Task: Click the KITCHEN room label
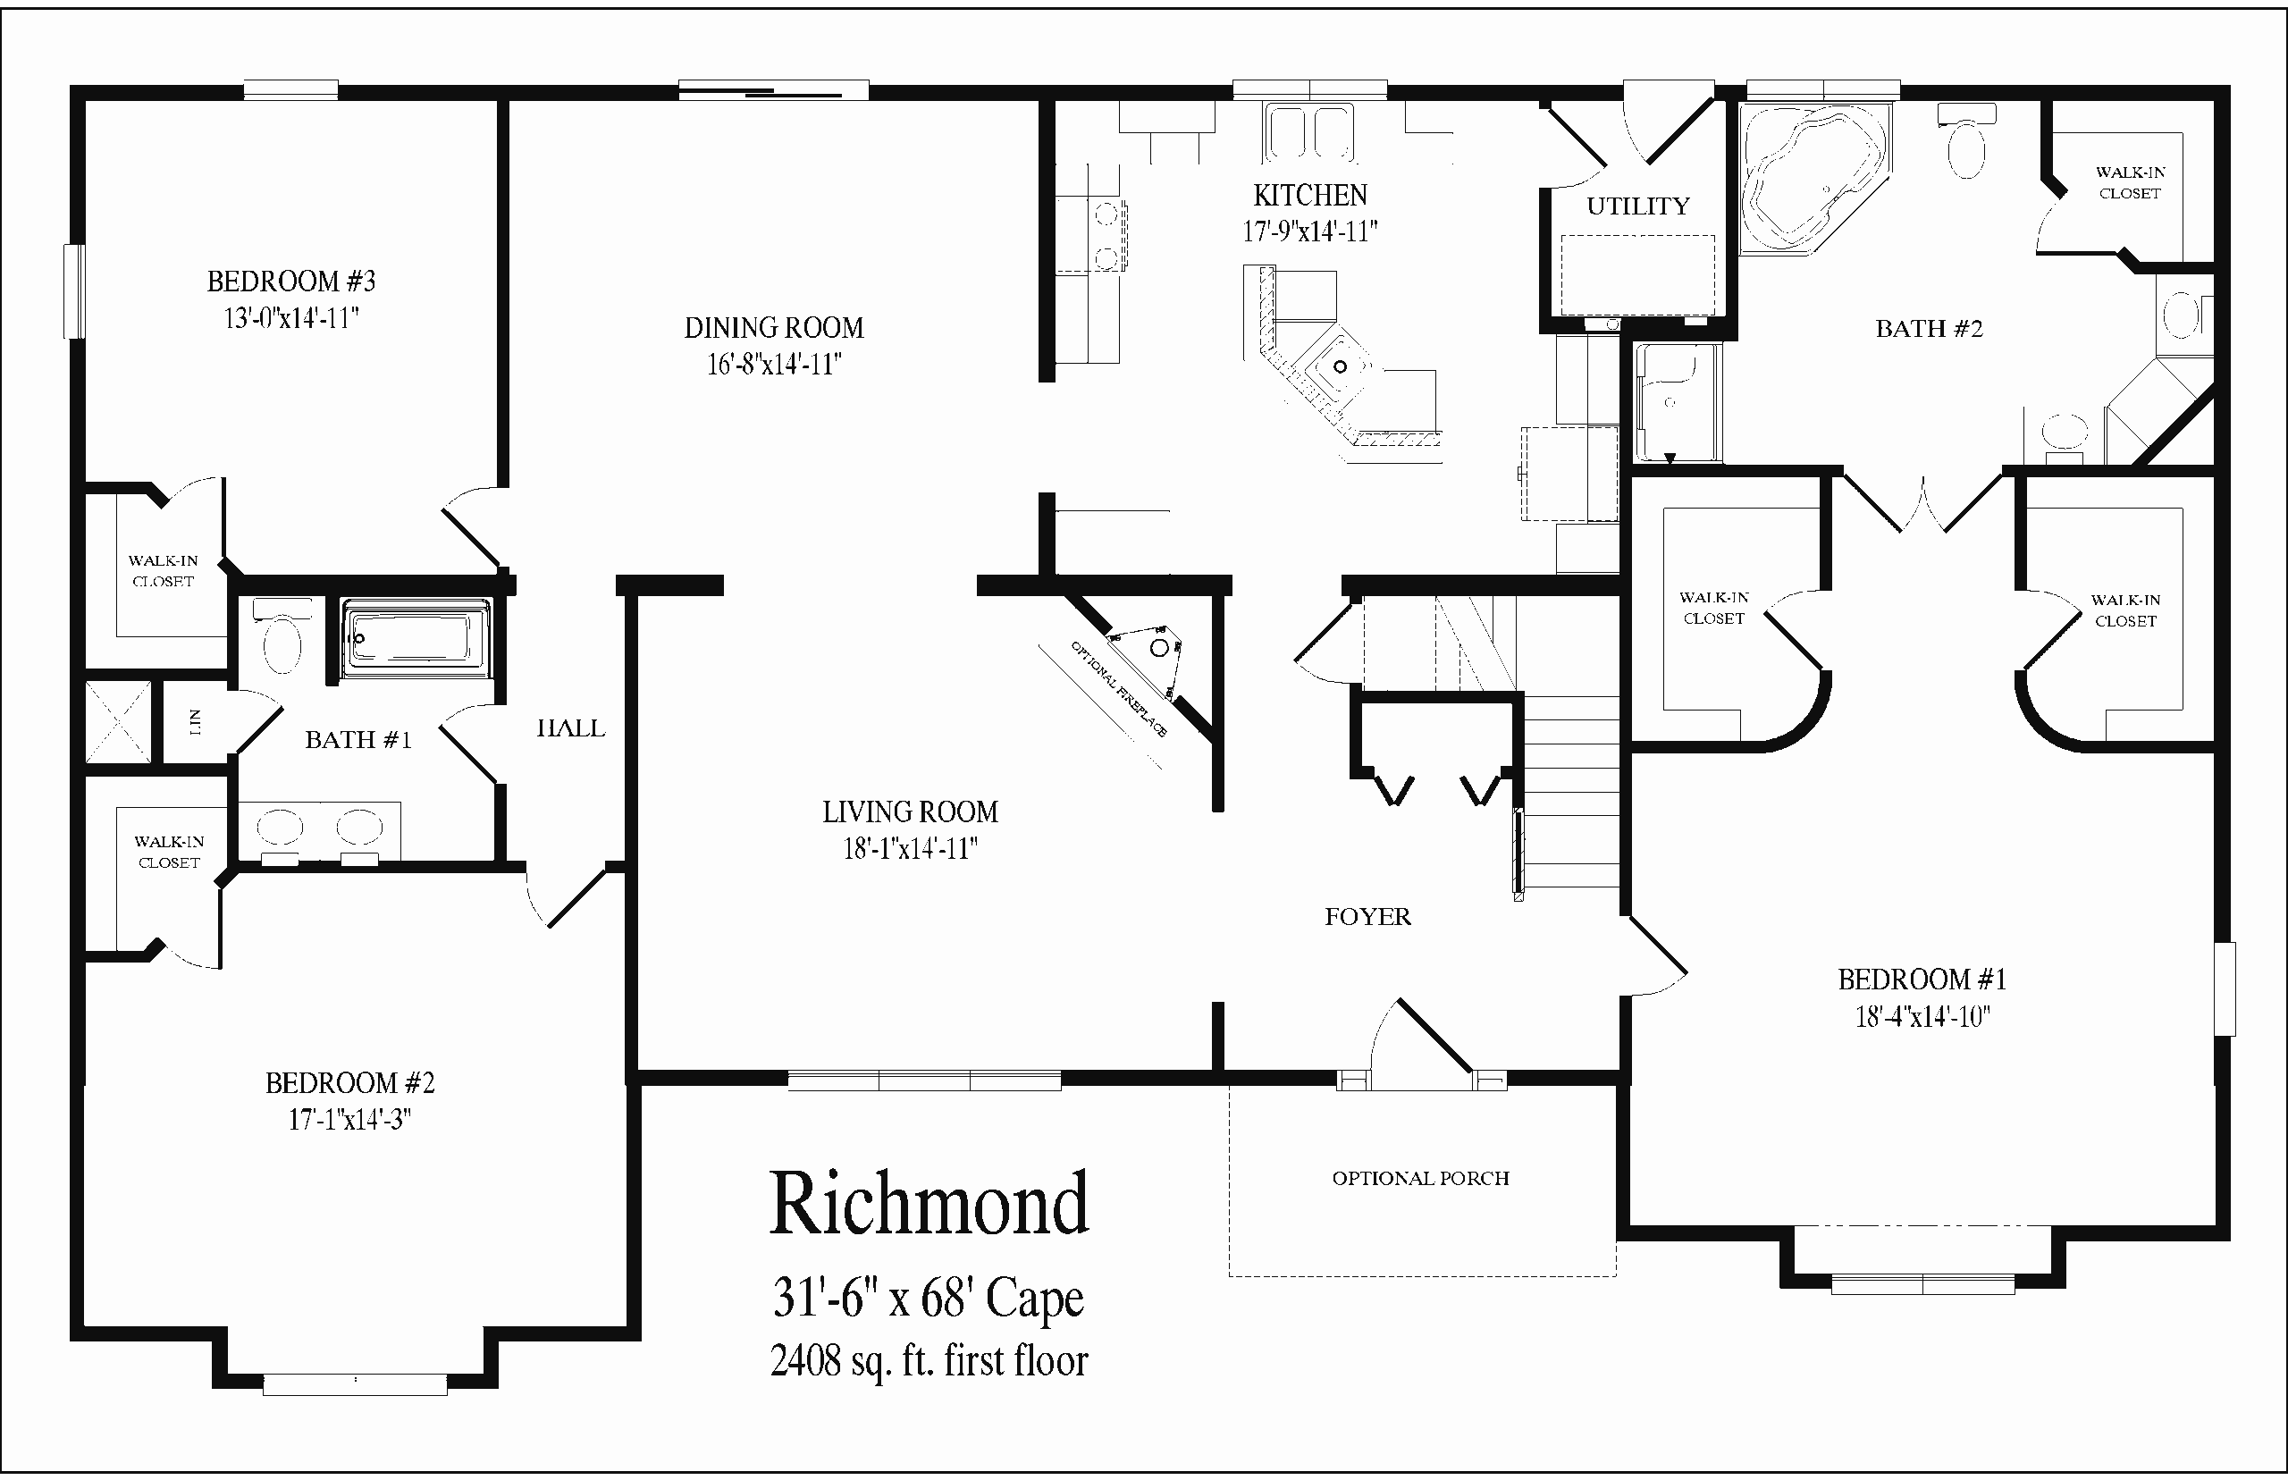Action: coord(1309,195)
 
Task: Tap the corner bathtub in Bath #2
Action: coord(1813,179)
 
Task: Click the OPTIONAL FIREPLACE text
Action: coord(1119,689)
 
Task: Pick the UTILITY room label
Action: coord(1637,206)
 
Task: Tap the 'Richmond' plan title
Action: coord(929,1204)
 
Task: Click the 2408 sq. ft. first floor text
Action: coord(929,1361)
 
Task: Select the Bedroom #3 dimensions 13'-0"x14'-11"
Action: coord(291,317)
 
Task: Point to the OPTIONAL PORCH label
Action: coord(1420,1178)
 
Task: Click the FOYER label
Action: coord(1367,917)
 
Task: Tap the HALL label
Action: coord(571,728)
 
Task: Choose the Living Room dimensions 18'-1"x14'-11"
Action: coord(910,849)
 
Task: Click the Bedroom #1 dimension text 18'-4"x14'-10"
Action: coord(1922,1017)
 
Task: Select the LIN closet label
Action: coord(195,722)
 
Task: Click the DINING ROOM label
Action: coord(774,328)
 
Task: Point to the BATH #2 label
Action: coord(1929,329)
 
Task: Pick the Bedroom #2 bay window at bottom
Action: coord(355,1385)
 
